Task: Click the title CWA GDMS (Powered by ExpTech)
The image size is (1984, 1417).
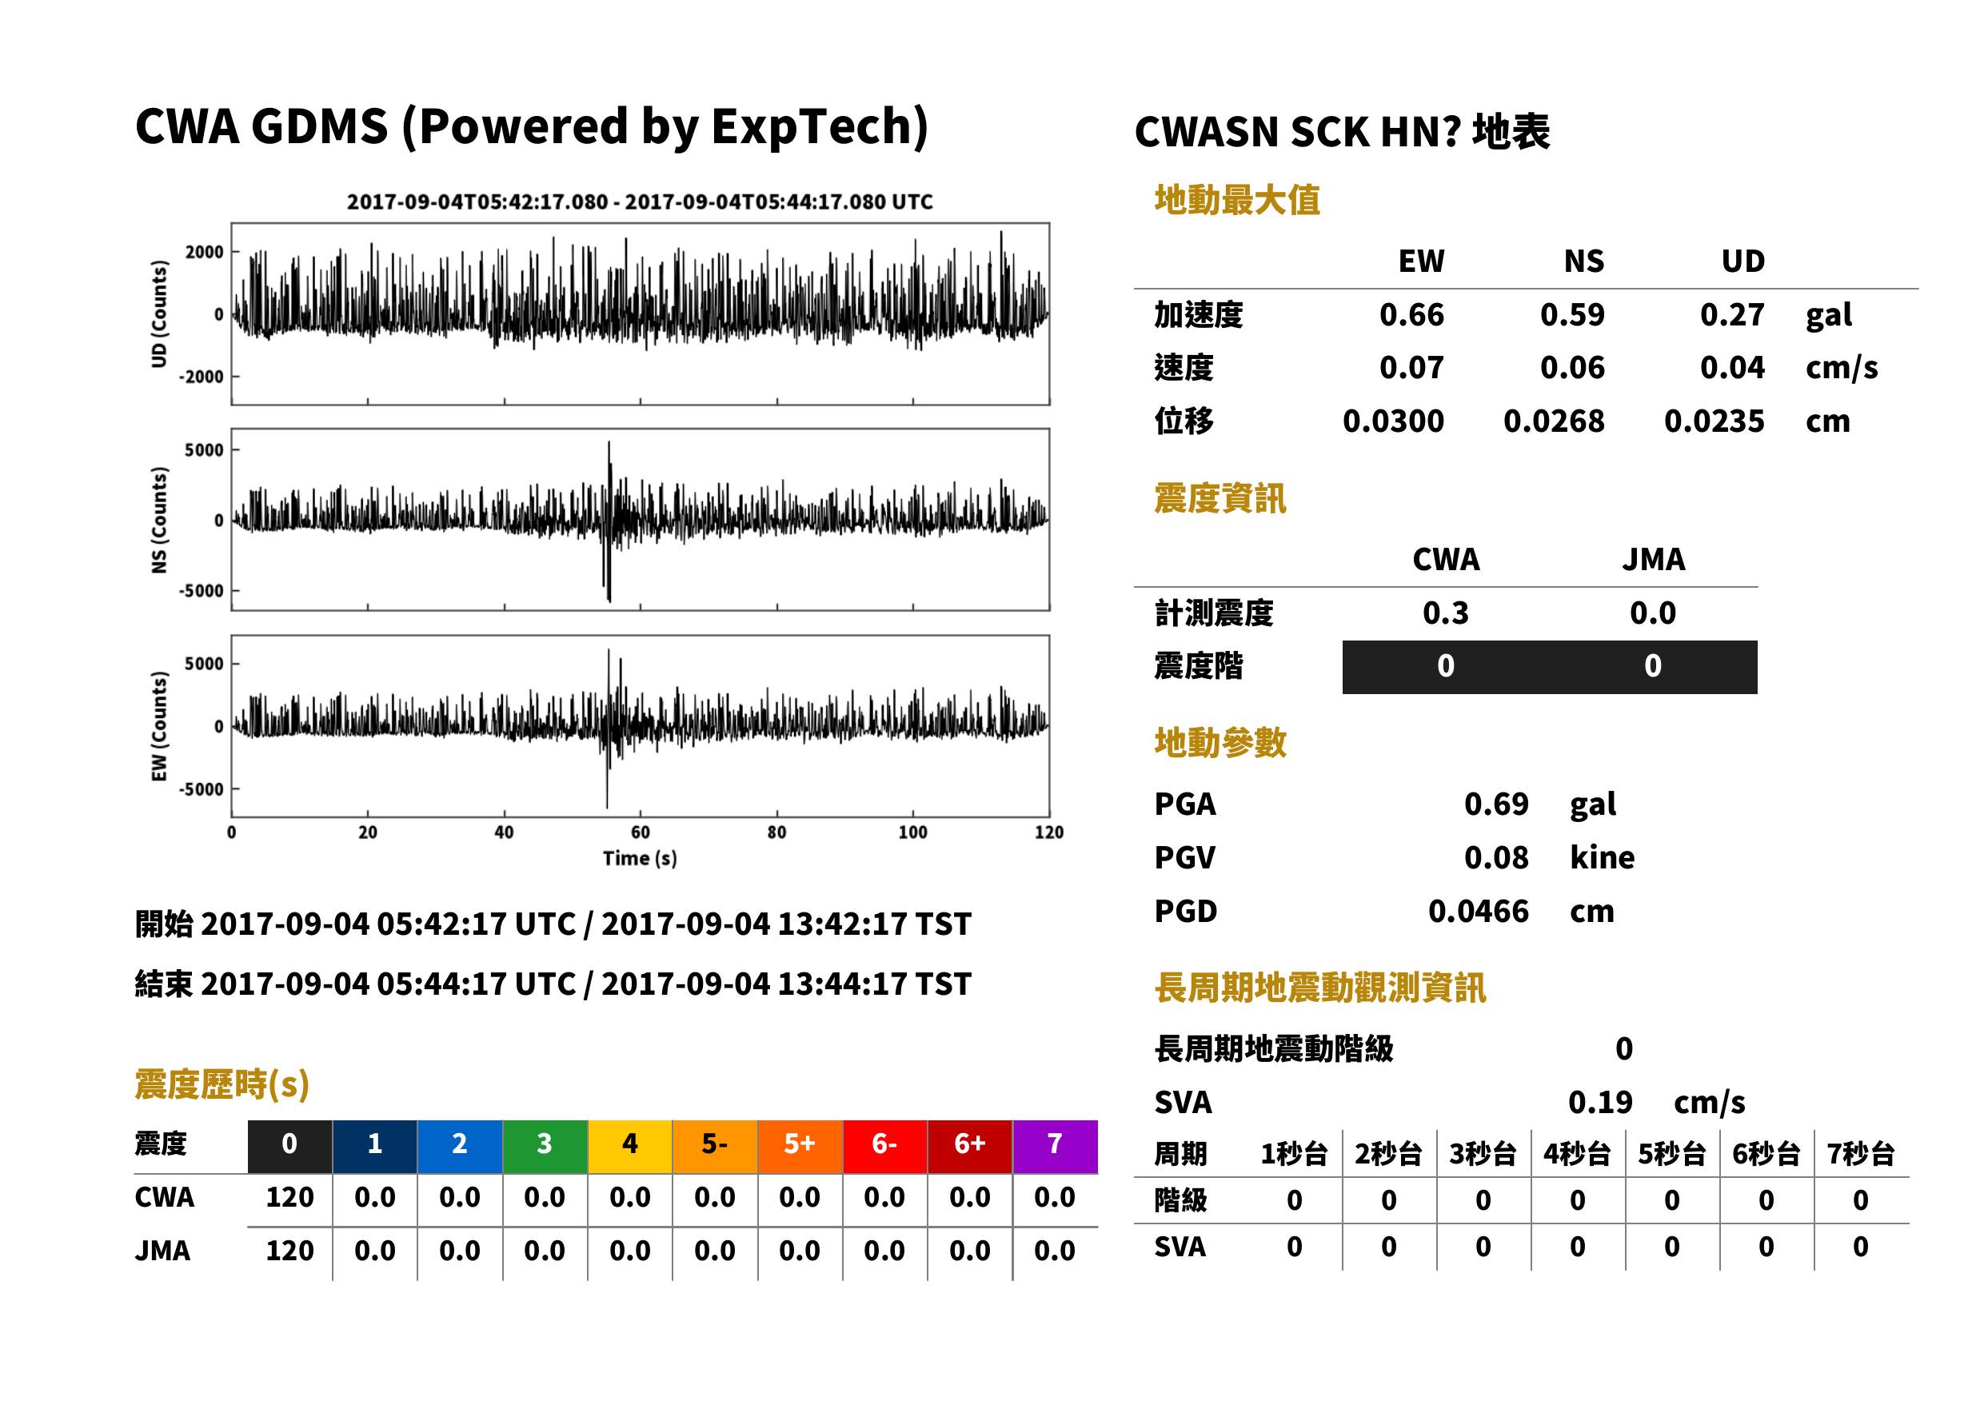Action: [x=531, y=126]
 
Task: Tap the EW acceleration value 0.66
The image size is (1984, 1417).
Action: [x=1411, y=314]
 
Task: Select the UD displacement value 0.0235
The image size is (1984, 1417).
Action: [x=1714, y=421]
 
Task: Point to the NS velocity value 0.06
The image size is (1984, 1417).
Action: [x=1571, y=367]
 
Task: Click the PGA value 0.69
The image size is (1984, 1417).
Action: [x=1495, y=804]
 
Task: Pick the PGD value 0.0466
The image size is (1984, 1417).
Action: [x=1478, y=911]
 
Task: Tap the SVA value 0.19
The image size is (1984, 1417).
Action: [x=1599, y=1102]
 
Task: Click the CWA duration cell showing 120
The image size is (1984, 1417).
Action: [x=289, y=1197]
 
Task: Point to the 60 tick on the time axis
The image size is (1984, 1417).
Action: [x=640, y=832]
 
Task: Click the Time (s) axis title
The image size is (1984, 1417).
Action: [x=640, y=859]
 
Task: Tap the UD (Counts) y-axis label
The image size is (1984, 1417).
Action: [x=159, y=313]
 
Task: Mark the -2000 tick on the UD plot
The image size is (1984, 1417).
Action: [x=201, y=377]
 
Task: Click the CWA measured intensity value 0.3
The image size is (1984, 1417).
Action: [x=1446, y=613]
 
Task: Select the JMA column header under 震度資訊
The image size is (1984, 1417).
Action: [x=1654, y=559]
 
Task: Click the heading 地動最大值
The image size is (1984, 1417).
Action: [x=1237, y=200]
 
